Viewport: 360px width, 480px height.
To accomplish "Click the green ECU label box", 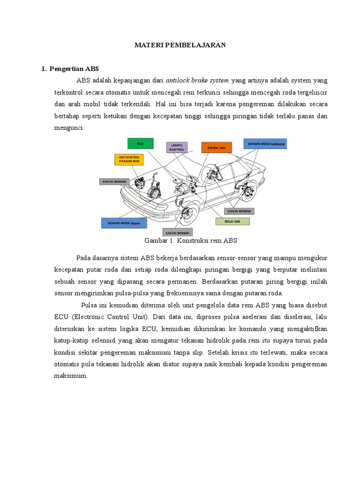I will [x=140, y=144].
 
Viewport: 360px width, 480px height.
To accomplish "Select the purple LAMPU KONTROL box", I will [x=177, y=147].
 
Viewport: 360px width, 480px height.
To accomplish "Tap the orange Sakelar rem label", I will [x=217, y=148].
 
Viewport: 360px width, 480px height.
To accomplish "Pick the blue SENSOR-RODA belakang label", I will [x=265, y=144].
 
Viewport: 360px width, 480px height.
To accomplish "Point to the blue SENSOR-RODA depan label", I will [x=124, y=223].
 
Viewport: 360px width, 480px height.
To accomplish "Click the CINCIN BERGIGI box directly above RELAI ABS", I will [x=239, y=211].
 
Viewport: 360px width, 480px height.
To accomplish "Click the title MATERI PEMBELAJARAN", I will [x=180, y=45].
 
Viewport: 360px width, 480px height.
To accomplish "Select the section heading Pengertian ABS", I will [x=73, y=68].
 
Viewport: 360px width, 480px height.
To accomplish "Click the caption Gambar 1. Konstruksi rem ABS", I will [x=191, y=240].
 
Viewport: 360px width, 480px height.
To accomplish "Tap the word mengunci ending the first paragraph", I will [x=69, y=127].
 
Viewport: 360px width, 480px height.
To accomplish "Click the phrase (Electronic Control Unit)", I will [x=108, y=316].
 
